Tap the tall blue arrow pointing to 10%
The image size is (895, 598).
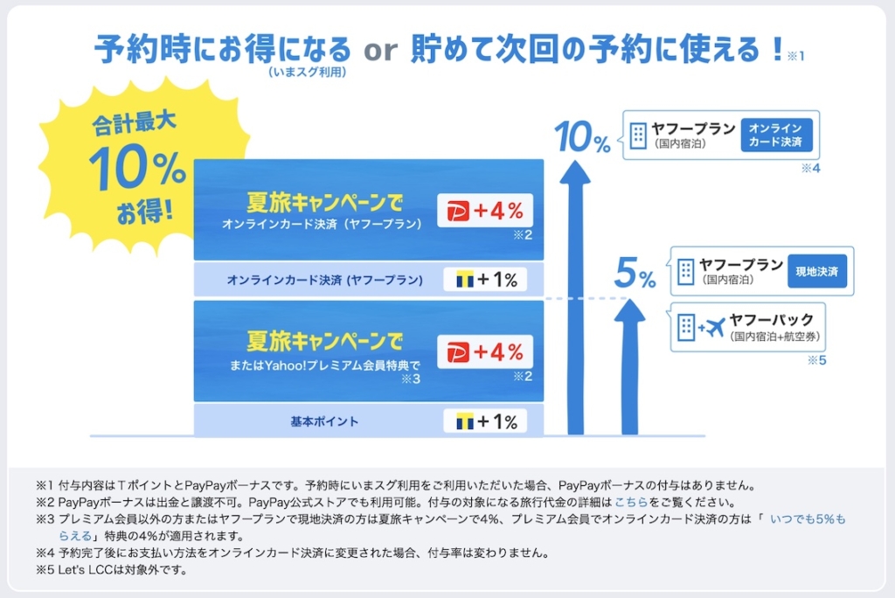pos(575,297)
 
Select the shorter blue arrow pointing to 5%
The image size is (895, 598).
pos(629,366)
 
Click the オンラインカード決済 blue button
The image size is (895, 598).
pos(776,135)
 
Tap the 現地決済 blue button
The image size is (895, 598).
pos(817,271)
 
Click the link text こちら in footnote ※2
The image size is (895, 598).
pos(631,502)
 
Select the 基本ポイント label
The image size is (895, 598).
pos(324,421)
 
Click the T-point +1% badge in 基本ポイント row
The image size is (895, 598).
pos(485,421)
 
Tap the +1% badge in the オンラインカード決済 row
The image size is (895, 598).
pos(485,279)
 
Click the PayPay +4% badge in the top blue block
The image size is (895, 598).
pos(485,210)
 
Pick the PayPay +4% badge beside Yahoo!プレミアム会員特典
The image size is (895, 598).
pos(485,351)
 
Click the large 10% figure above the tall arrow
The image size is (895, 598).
pos(582,137)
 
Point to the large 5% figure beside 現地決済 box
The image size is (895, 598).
pos(635,273)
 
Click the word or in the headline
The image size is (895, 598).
pos(380,50)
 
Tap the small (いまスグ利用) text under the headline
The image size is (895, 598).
pos(307,72)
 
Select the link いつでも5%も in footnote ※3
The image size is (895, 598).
pos(808,519)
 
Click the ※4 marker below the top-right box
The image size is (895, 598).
pos(810,168)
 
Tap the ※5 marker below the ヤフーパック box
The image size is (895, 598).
pos(817,360)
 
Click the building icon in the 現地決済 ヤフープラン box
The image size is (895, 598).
pos(685,271)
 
